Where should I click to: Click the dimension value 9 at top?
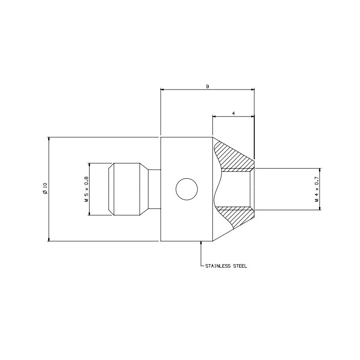point(207,86)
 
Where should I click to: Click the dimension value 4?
point(234,113)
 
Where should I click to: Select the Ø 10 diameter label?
point(45,189)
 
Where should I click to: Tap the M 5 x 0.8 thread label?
point(86,189)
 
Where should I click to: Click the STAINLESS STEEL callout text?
point(226,266)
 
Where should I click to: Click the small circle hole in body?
point(187,189)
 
